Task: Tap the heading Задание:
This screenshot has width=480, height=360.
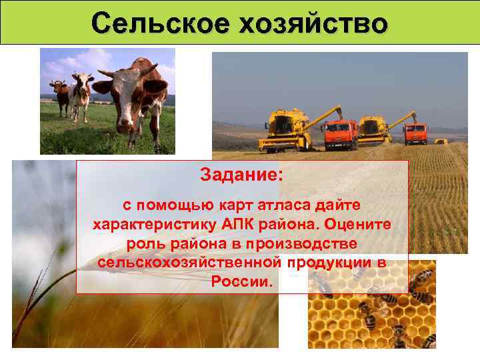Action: pyautogui.click(x=241, y=177)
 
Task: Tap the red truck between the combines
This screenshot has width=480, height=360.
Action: pyautogui.click(x=341, y=133)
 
